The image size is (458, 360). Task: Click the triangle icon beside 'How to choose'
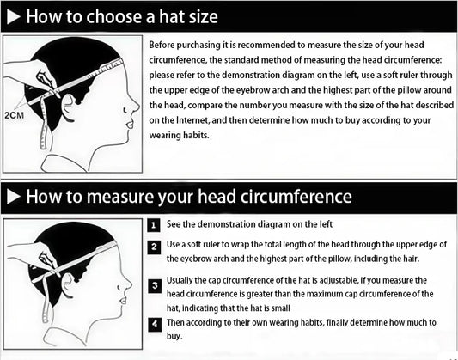click(13, 16)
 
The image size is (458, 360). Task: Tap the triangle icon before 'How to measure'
click(13, 197)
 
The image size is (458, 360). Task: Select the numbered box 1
click(153, 225)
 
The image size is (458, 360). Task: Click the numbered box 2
click(153, 247)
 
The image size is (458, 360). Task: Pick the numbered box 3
click(153, 284)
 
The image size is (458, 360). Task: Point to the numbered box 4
click(153, 323)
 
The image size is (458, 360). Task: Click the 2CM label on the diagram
click(14, 113)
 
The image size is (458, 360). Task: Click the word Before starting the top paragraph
click(165, 44)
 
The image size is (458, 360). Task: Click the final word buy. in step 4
click(174, 338)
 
